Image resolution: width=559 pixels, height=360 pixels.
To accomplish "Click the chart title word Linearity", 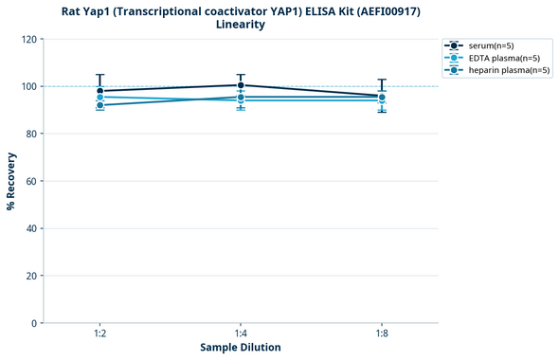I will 241,25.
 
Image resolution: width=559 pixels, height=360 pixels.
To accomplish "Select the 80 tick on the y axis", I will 30,134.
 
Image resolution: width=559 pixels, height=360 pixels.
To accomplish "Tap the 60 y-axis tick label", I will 30,181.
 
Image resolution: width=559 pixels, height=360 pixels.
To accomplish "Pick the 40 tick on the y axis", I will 30,228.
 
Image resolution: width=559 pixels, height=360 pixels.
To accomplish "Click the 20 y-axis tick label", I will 30,276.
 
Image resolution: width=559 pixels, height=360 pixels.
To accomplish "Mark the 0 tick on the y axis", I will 33,323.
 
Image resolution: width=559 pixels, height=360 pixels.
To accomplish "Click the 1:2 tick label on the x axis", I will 99,334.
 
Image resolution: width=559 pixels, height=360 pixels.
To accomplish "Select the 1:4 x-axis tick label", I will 241,334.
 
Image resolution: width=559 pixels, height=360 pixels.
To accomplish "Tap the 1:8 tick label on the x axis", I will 382,334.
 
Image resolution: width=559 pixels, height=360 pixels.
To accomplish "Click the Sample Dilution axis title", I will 241,348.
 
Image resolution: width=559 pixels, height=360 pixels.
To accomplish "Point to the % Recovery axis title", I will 11,180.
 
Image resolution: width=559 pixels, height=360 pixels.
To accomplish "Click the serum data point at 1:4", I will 241,85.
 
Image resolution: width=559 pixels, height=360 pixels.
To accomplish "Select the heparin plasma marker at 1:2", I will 99,105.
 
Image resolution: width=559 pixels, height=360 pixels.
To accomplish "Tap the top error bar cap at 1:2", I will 99,75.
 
